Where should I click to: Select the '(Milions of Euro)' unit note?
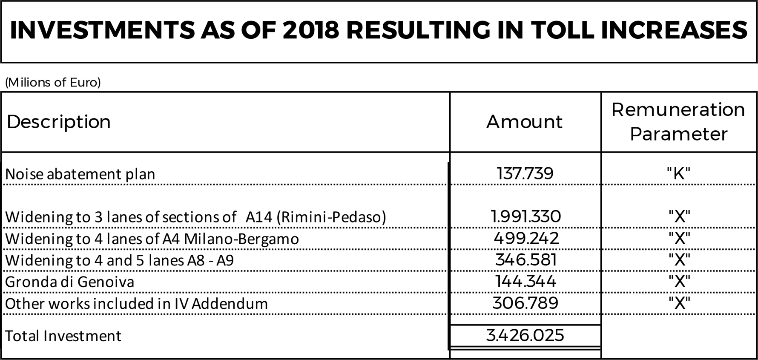(53, 82)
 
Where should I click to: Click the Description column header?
(59, 122)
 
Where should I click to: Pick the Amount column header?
(525, 122)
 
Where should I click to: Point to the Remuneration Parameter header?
(678, 122)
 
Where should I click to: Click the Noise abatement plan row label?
(80, 174)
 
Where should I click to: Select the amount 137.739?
(525, 173)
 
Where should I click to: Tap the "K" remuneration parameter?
(678, 173)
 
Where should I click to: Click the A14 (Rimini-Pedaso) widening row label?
(195, 217)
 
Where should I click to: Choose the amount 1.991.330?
(526, 216)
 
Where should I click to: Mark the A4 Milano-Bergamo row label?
(152, 239)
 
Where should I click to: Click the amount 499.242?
(526, 238)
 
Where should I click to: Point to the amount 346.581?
(526, 260)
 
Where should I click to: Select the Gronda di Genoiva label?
(69, 282)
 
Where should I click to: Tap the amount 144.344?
(525, 281)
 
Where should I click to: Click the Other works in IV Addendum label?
(136, 304)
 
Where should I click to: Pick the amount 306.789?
(525, 303)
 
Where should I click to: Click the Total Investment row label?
(63, 336)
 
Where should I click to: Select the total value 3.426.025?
(525, 335)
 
